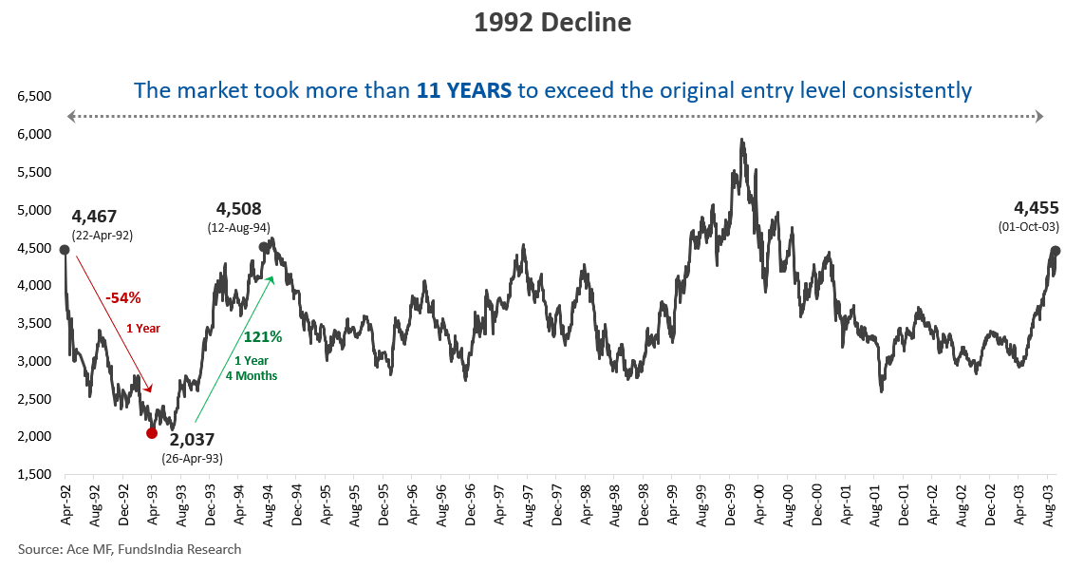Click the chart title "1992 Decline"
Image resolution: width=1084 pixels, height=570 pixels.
click(x=552, y=23)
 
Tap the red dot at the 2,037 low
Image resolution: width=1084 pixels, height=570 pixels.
click(x=152, y=433)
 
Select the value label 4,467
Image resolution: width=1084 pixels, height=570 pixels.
click(x=94, y=217)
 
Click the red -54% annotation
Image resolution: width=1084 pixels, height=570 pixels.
click(x=122, y=297)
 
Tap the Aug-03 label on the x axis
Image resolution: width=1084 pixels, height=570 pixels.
click(x=1051, y=506)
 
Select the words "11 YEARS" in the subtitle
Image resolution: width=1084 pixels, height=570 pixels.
click(x=464, y=91)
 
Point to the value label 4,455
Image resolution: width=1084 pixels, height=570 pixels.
click(x=1036, y=208)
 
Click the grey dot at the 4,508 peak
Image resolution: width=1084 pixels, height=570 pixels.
click(x=264, y=247)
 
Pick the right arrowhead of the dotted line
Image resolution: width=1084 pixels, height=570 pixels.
click(x=1039, y=116)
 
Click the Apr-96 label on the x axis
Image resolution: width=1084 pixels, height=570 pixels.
click(x=413, y=506)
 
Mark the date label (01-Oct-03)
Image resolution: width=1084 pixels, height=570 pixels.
click(x=1028, y=227)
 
